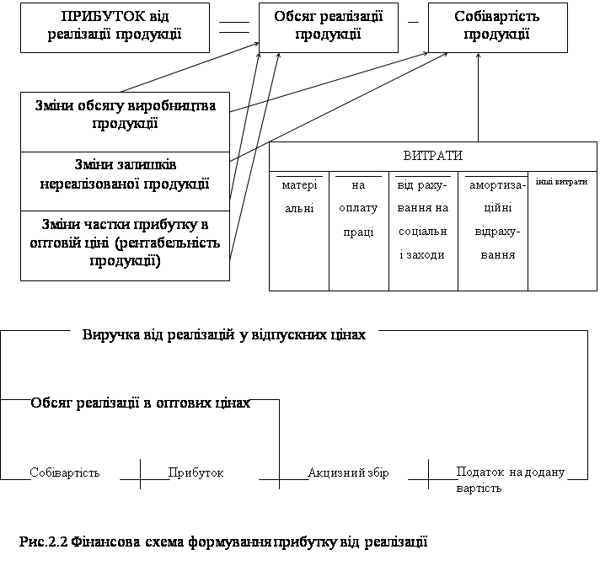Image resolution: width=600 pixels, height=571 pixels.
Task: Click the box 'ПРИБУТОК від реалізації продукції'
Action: tap(115, 28)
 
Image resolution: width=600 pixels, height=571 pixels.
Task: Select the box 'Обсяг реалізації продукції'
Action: tap(329, 28)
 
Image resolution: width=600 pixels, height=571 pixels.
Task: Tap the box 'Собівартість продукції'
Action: tap(497, 28)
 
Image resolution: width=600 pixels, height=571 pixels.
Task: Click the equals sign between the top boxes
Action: tap(234, 27)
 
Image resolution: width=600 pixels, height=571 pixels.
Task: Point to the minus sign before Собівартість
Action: tap(413, 22)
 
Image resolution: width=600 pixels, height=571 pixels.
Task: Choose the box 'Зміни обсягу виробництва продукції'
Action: tap(125, 122)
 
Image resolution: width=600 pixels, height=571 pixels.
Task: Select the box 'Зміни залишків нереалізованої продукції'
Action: tap(125, 181)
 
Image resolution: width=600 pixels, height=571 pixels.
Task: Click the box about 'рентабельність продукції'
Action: tap(125, 246)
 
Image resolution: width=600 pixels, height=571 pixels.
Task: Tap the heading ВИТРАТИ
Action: tap(433, 156)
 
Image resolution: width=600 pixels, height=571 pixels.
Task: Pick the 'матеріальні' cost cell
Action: tap(299, 231)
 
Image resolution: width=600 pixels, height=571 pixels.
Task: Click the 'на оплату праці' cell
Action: tap(358, 231)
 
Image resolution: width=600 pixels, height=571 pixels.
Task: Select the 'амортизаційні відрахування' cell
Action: tap(493, 231)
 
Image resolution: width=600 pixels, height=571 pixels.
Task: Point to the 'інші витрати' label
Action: tap(561, 182)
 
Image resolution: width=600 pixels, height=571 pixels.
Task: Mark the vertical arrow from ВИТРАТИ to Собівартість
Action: tap(478, 98)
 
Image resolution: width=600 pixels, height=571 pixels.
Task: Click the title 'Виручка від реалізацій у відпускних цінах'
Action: tap(224, 335)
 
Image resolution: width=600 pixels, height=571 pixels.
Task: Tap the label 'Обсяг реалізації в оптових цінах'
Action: tap(140, 403)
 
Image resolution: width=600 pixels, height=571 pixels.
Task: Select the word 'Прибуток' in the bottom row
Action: tap(196, 472)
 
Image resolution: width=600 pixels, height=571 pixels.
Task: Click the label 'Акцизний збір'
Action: tap(348, 472)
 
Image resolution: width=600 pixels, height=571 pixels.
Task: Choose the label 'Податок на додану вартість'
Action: tap(511, 479)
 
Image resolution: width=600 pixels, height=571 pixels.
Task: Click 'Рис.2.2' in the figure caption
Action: tap(44, 542)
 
